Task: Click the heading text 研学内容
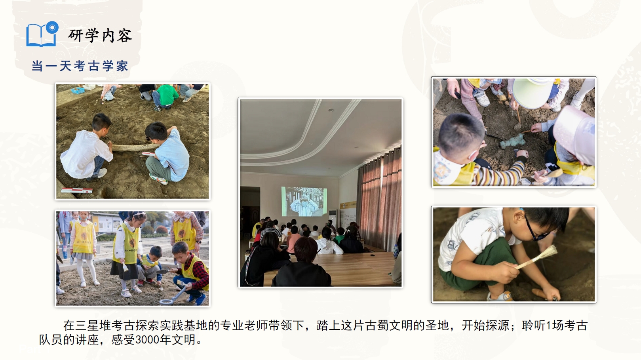click(100, 36)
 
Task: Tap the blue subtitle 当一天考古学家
click(80, 67)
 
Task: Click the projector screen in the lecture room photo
click(304, 202)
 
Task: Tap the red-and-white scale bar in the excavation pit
click(77, 190)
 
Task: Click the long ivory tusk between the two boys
click(135, 148)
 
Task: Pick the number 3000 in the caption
click(147, 340)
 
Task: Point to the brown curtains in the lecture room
click(379, 200)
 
